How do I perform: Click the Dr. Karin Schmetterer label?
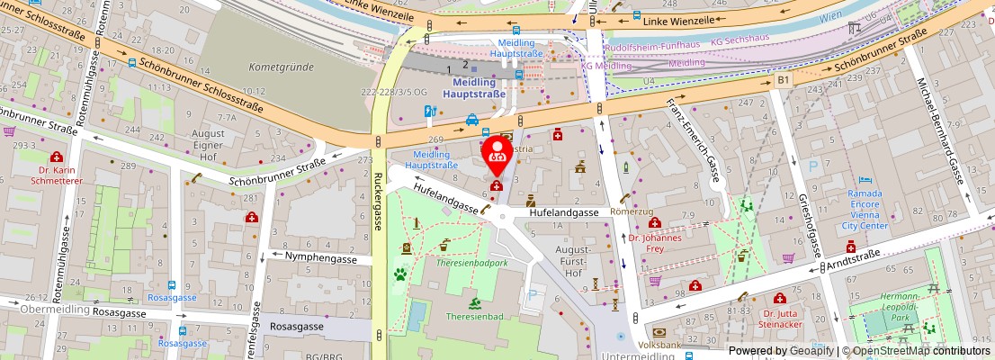[57, 175]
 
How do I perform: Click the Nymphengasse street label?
[321, 258]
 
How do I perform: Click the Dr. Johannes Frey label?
[655, 244]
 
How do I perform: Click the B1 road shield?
[784, 81]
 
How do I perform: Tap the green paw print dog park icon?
[399, 274]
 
